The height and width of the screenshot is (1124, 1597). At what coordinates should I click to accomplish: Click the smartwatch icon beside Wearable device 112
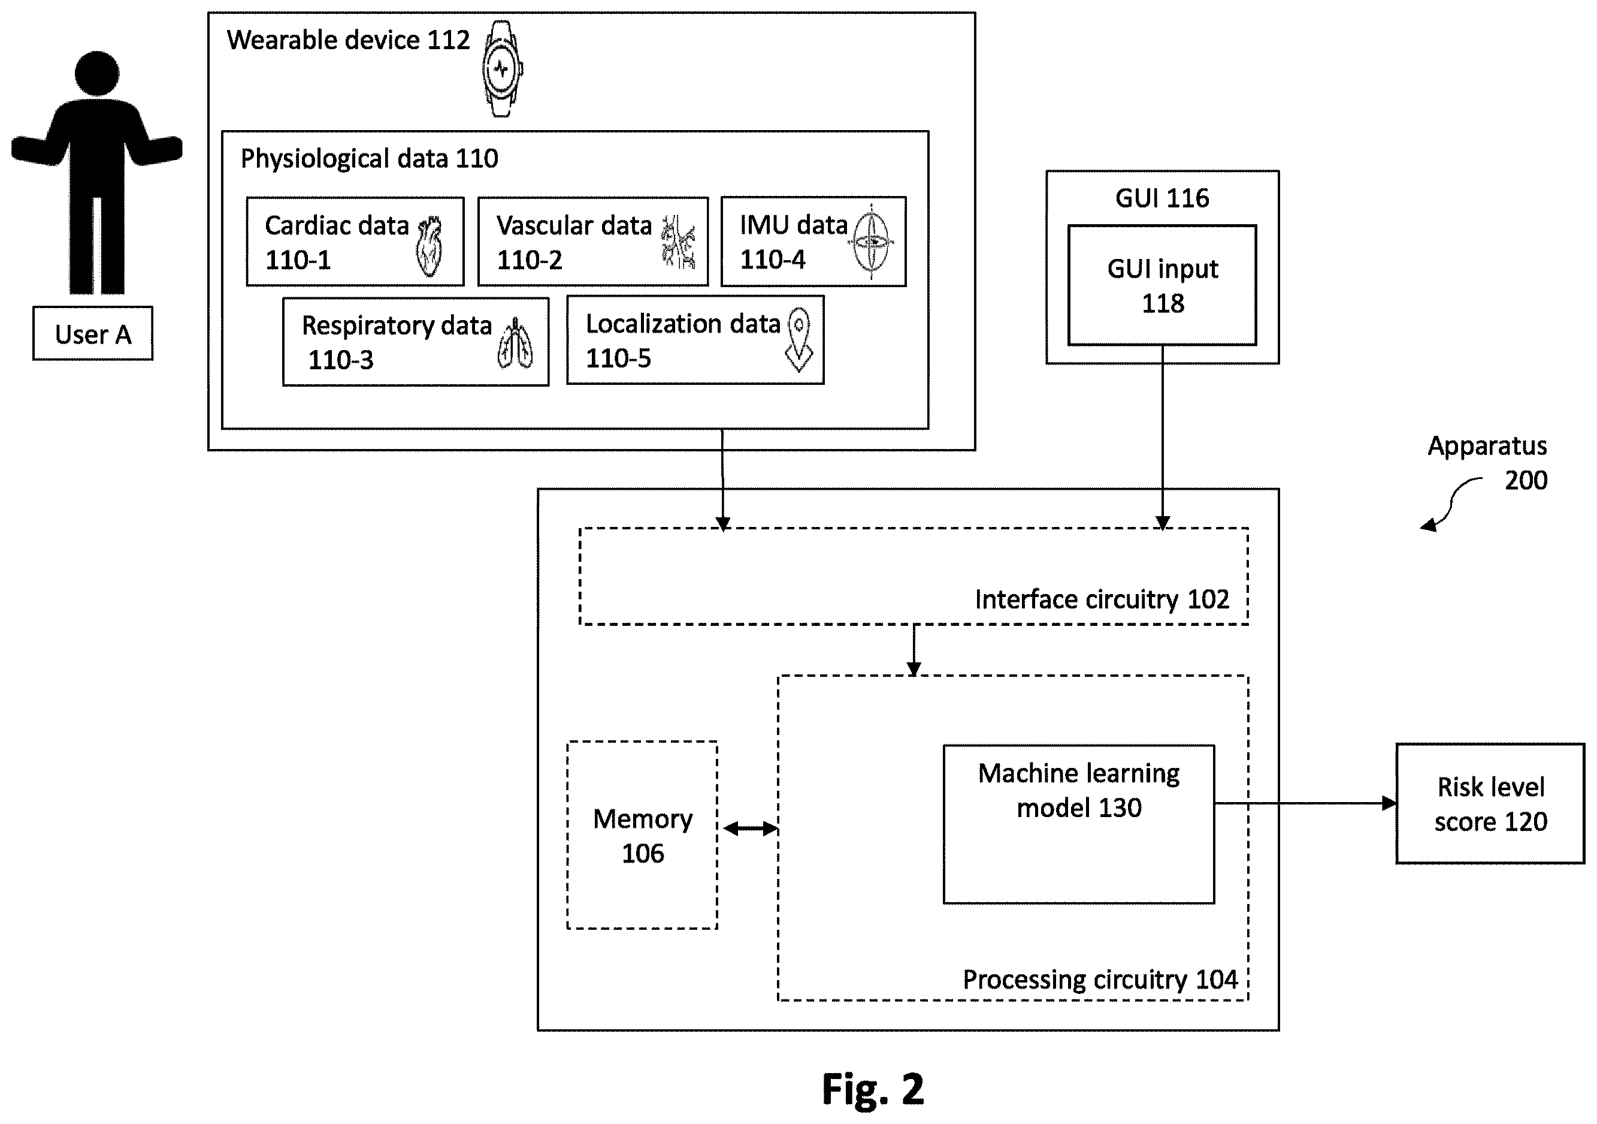502,68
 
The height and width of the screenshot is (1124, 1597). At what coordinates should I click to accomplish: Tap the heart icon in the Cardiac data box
430,246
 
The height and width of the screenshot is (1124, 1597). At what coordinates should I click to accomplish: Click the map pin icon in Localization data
799,340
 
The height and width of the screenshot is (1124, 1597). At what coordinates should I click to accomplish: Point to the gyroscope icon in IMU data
871,242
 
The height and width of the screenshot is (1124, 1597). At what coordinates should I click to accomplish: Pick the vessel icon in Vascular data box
677,242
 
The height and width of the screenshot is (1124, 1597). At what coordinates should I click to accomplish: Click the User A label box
93,333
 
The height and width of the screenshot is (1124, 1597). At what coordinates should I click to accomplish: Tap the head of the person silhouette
98,73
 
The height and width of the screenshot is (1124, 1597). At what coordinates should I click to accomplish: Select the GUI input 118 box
1162,285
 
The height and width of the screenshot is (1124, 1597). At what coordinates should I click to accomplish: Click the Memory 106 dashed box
643,834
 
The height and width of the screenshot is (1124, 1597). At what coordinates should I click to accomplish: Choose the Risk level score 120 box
1490,804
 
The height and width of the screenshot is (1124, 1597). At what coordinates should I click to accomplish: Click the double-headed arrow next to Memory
750,828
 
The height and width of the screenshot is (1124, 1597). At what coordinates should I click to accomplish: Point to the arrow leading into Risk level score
1305,803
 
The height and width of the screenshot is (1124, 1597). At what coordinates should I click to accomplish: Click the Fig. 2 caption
873,1089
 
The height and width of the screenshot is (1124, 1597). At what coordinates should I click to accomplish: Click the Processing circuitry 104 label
1100,980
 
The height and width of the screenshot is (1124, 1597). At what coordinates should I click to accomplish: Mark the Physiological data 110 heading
370,159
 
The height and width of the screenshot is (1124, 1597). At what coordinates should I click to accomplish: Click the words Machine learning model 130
1079,790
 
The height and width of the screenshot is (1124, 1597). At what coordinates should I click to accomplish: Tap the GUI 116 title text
1162,198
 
